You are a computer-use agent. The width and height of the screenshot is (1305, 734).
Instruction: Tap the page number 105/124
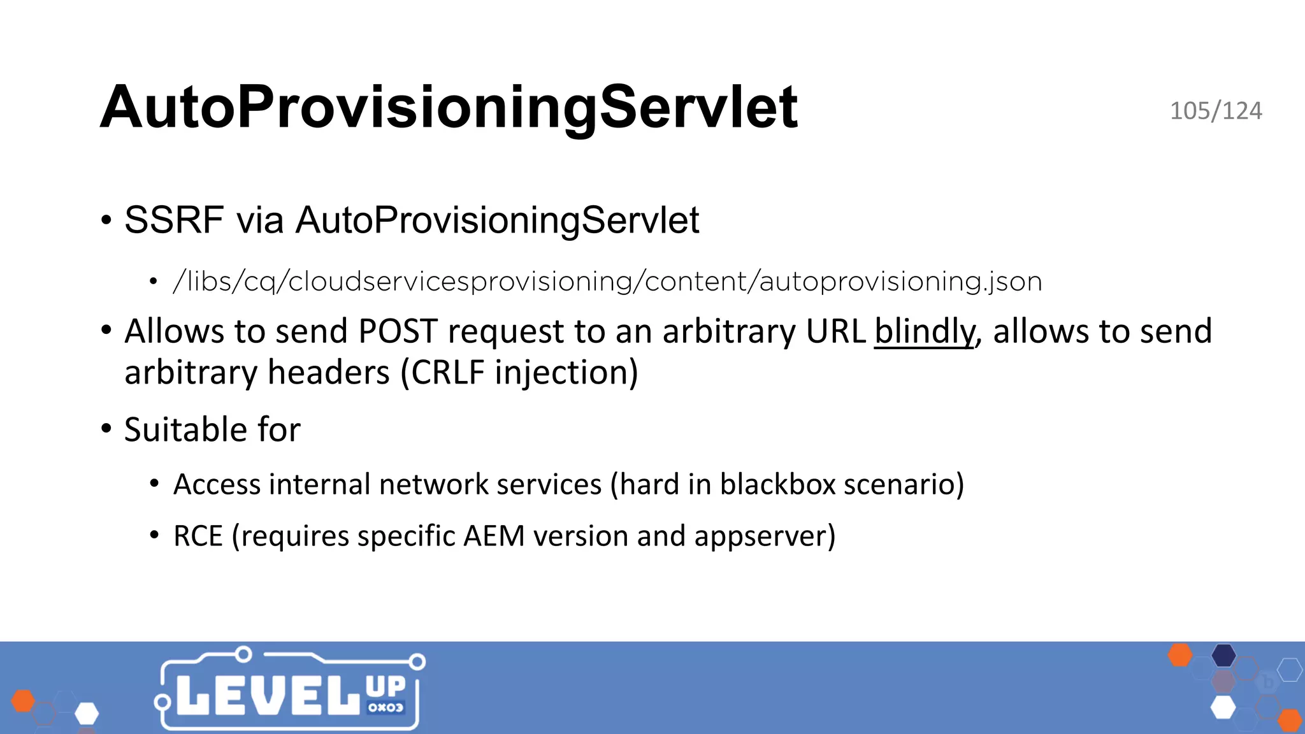1215,111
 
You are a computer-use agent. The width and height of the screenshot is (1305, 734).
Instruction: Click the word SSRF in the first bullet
174,220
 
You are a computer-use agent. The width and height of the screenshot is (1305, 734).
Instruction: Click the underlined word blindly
924,331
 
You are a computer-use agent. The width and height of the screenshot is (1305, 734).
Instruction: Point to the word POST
398,331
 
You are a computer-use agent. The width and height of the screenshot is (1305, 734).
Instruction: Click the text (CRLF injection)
519,372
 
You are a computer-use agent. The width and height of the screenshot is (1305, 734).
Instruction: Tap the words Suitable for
212,429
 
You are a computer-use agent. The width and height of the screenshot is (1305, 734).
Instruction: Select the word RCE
198,536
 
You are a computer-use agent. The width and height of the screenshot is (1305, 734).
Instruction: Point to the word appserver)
765,536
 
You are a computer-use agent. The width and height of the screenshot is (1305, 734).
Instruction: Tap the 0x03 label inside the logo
386,708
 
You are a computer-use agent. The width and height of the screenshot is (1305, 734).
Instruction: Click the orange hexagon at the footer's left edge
23,700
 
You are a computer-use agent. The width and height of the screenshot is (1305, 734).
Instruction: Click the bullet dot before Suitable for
106,428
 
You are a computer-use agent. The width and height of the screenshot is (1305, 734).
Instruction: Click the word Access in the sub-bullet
217,484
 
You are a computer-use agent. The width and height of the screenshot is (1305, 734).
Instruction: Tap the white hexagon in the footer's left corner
87,714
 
